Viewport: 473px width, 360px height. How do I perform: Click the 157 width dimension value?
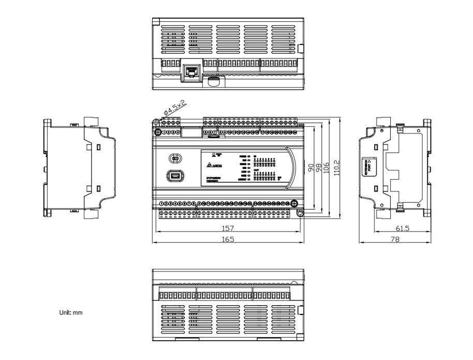pos(228,228)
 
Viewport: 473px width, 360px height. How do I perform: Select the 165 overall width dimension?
pos(228,239)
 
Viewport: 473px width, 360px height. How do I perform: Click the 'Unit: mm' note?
pos(71,313)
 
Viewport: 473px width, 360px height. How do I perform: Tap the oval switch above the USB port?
pos(175,158)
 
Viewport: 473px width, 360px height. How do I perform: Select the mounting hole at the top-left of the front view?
pos(156,122)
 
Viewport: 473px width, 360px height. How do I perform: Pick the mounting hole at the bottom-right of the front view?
pos(300,212)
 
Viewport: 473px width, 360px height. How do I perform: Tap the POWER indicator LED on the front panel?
pos(248,156)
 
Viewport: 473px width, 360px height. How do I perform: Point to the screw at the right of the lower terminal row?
pos(293,203)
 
